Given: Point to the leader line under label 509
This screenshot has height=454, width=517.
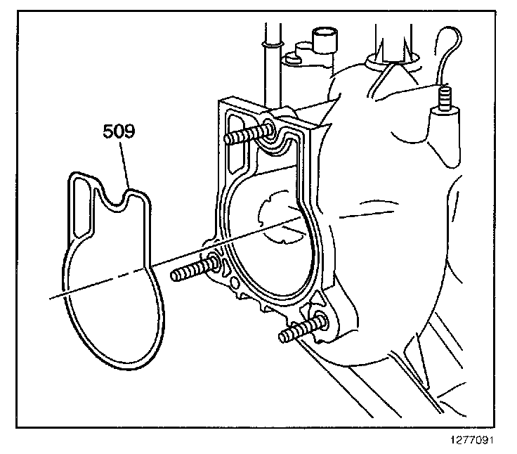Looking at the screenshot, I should coord(127,165).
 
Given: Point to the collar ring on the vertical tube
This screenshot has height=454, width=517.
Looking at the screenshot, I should coord(269,46).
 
